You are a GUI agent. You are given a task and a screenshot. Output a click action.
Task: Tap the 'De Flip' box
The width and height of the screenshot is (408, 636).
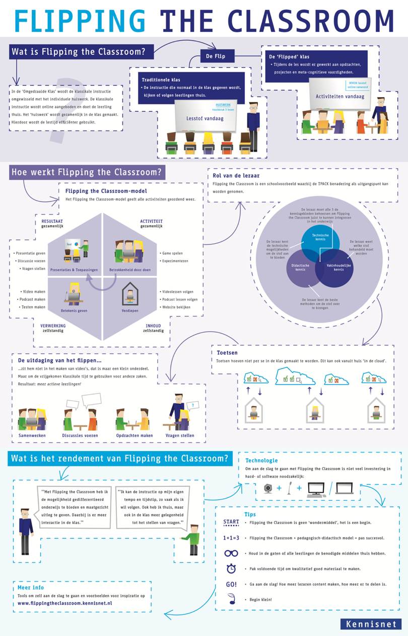click(x=216, y=56)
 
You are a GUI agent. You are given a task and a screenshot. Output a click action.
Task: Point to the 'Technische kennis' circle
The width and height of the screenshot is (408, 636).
click(x=320, y=237)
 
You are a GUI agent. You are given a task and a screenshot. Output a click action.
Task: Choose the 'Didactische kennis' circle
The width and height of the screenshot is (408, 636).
click(x=301, y=268)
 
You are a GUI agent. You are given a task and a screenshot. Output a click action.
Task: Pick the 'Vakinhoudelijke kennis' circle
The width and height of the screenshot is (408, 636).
click(x=338, y=267)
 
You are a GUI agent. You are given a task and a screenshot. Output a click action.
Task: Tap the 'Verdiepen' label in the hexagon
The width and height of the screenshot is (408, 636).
click(x=130, y=311)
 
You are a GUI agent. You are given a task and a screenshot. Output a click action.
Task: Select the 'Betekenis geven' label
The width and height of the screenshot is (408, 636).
click(x=74, y=311)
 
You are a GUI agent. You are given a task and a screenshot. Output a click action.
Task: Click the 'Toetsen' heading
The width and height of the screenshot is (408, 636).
click(x=227, y=353)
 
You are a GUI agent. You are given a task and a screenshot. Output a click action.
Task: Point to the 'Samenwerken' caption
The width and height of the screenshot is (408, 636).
click(x=32, y=435)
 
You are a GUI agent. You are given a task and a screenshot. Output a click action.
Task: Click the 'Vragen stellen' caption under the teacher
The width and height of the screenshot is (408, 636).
click(x=180, y=435)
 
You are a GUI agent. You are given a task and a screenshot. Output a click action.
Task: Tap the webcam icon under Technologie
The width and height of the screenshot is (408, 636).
click(x=267, y=488)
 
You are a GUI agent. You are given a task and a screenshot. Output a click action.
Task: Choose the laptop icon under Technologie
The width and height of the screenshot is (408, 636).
click(x=345, y=488)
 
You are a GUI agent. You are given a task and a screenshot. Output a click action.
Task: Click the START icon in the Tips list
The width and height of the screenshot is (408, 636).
click(x=231, y=523)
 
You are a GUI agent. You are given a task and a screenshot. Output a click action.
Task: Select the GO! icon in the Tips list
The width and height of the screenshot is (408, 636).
click(x=231, y=584)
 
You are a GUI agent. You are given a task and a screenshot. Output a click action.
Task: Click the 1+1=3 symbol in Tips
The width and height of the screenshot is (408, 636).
click(x=231, y=538)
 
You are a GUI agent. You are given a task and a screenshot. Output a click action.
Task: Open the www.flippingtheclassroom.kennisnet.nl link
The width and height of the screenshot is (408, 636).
click(x=65, y=603)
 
